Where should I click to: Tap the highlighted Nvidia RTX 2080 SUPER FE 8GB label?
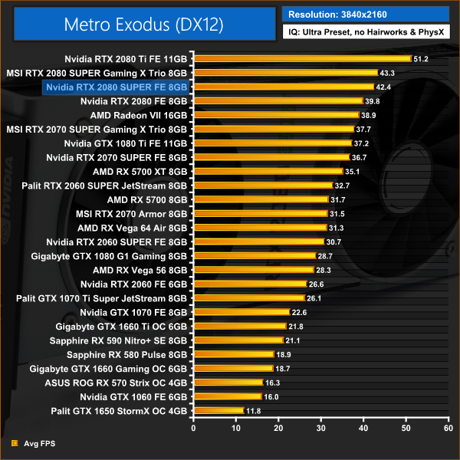[117, 87]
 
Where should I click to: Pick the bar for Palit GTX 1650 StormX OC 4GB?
[218, 411]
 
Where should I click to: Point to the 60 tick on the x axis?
[450, 428]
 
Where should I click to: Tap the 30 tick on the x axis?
[322, 428]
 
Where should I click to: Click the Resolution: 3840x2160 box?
[365, 14]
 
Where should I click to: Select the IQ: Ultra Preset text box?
[365, 32]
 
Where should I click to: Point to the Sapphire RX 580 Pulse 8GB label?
[127, 354]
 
